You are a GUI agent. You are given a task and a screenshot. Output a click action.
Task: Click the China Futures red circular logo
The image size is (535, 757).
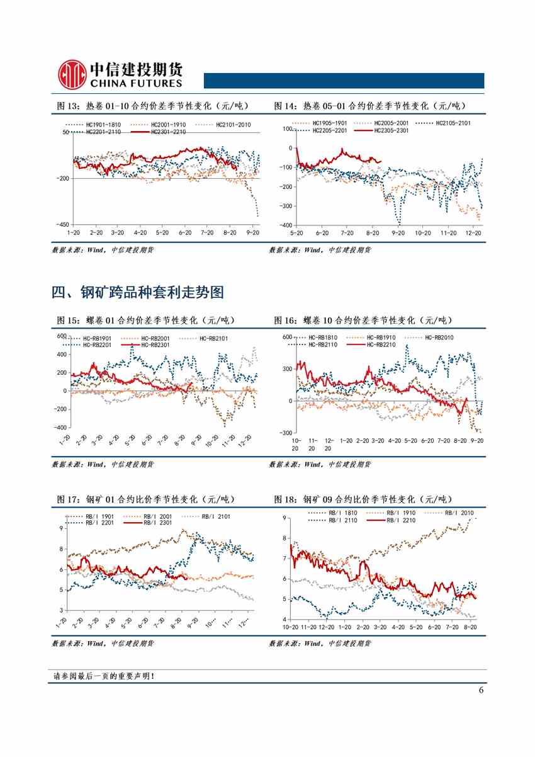[72, 75]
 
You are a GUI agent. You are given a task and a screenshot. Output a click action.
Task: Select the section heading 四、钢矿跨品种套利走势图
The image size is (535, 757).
[137, 292]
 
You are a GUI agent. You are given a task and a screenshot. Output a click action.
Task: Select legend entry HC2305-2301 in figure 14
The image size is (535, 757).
[391, 130]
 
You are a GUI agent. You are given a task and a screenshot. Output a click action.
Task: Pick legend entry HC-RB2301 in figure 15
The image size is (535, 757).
[155, 344]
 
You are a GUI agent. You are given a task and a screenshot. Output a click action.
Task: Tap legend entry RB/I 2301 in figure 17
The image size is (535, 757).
[157, 523]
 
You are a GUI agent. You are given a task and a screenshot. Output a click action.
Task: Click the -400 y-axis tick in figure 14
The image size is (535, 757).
[286, 225]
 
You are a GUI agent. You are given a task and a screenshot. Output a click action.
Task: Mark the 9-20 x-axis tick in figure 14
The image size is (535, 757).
[398, 233]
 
